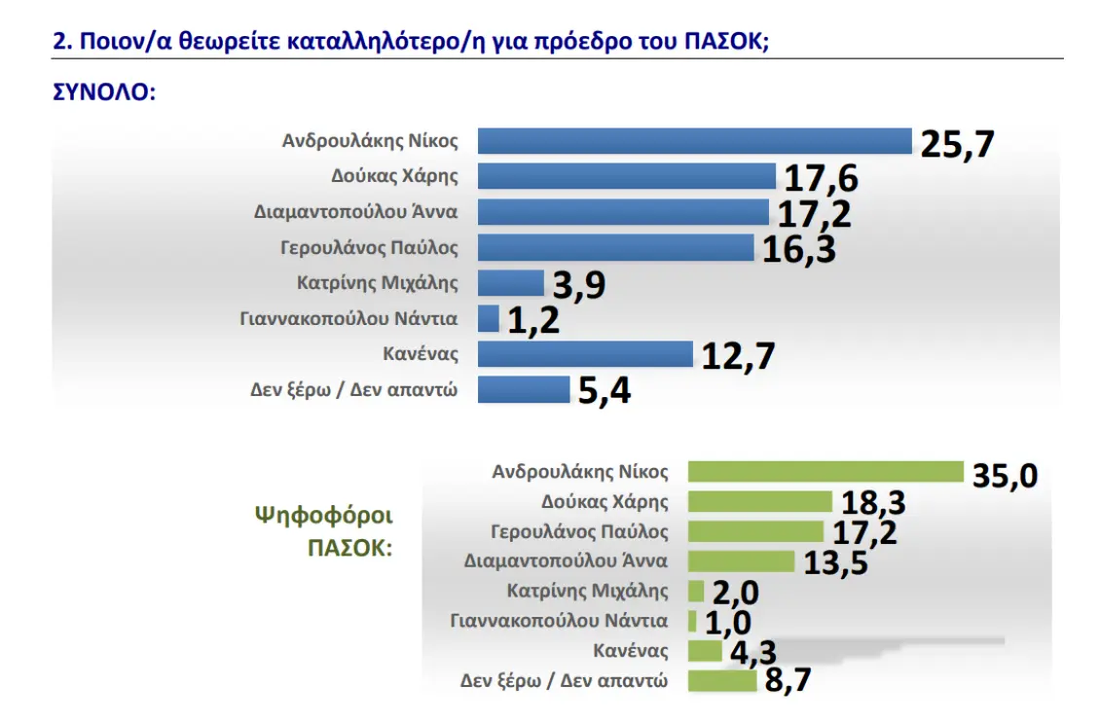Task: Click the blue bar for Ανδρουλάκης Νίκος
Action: [694, 141]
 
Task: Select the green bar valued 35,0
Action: [825, 472]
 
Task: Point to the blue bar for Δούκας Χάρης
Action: [626, 176]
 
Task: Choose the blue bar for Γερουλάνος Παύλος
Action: [615, 247]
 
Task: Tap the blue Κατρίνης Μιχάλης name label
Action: [377, 283]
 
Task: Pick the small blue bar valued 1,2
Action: [489, 318]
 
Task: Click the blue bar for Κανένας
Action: [584, 354]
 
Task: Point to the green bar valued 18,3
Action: [759, 502]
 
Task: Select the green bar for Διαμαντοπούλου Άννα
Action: [741, 561]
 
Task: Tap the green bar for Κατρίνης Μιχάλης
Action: [695, 591]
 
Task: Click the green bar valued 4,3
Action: [705, 650]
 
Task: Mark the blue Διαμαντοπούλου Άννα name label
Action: [355, 211]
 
